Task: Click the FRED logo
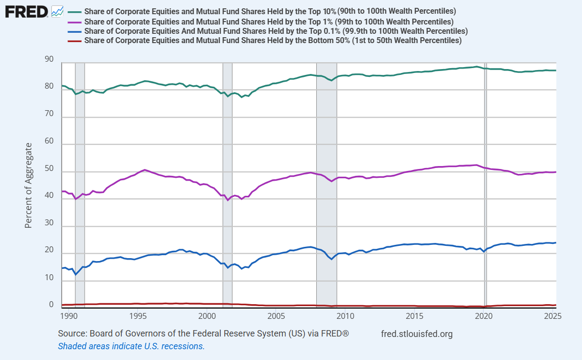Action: click(x=26, y=11)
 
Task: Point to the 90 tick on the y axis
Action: click(x=49, y=59)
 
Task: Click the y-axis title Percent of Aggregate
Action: click(x=29, y=186)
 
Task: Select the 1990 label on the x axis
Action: click(x=69, y=316)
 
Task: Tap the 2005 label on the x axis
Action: click(x=276, y=316)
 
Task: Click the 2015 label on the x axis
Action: click(x=415, y=316)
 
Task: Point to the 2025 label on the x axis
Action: click(x=553, y=316)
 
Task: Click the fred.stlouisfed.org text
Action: click(x=417, y=334)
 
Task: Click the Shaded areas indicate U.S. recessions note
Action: click(x=131, y=346)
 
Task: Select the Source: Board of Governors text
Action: click(x=203, y=334)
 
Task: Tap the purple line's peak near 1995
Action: click(x=144, y=170)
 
